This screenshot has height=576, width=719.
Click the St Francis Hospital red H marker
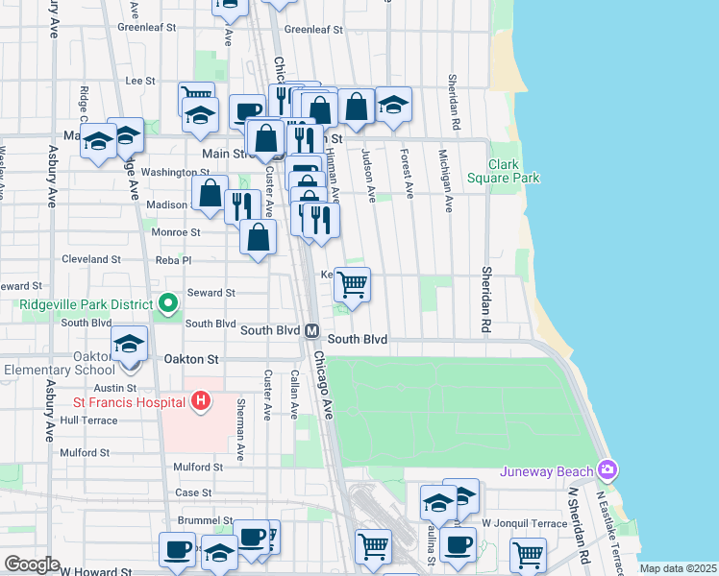click(200, 400)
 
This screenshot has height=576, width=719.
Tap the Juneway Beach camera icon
click(607, 470)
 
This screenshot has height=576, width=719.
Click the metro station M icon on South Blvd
click(312, 330)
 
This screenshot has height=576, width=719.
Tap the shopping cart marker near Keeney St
click(353, 283)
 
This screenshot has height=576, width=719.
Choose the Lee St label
click(140, 82)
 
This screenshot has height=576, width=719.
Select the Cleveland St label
click(91, 259)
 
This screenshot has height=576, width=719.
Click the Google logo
click(32, 564)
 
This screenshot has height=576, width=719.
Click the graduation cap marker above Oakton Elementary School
click(129, 344)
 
